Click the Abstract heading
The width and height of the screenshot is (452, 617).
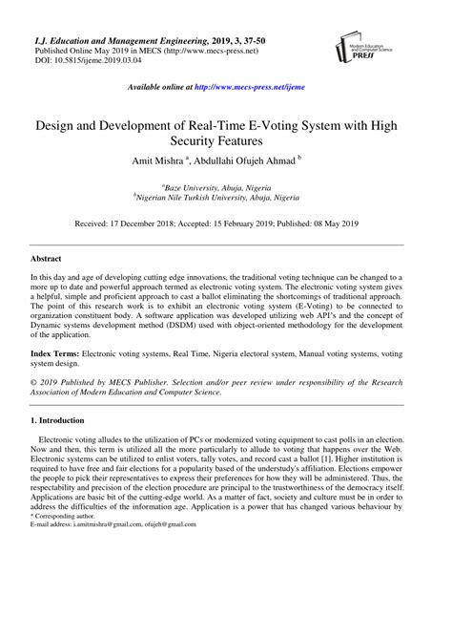pos(47,259)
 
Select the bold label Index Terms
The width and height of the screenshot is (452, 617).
pos(55,352)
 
